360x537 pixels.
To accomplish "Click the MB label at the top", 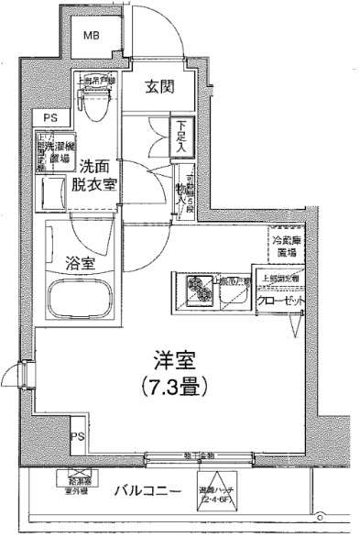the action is (x=92, y=36).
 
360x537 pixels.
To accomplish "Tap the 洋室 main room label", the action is (x=174, y=359).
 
